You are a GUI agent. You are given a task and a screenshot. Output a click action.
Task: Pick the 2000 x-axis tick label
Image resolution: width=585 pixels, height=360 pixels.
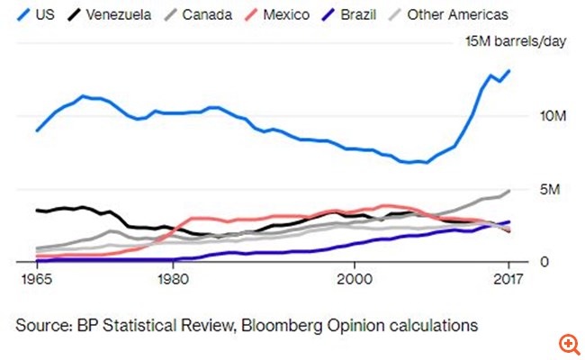coord(355,279)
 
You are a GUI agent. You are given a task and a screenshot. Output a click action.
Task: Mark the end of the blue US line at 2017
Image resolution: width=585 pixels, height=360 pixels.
coord(510,70)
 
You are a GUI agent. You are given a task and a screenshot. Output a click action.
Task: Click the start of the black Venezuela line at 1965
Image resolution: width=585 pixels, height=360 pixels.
coord(37,210)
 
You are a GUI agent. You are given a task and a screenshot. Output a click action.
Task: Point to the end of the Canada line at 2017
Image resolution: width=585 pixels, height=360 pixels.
coord(510,191)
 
